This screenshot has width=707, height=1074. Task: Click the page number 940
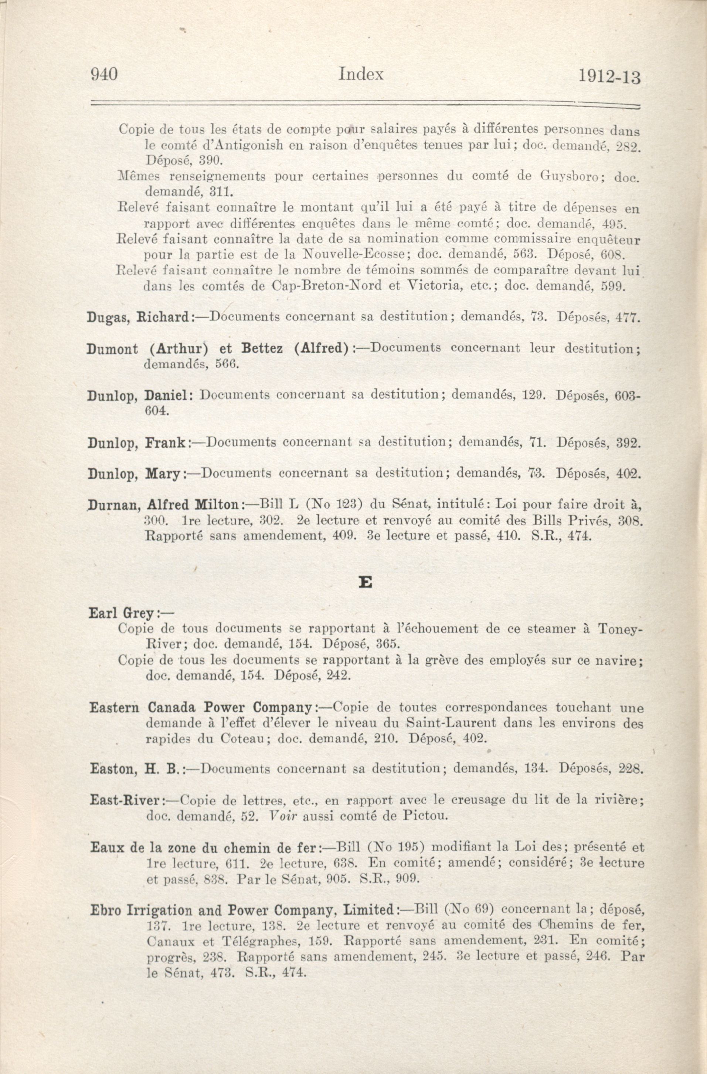click(104, 74)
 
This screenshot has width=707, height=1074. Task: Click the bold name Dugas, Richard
click(137, 317)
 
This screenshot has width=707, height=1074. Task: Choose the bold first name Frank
click(164, 442)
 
